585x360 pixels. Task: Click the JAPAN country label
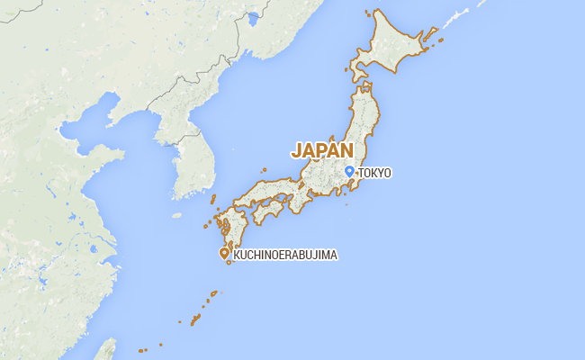pyautogui.click(x=321, y=150)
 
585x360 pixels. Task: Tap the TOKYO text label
pyautogui.click(x=374, y=173)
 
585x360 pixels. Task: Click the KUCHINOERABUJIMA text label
pyautogui.click(x=285, y=256)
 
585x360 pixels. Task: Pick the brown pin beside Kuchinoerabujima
pyautogui.click(x=224, y=254)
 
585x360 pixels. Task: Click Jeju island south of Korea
pyautogui.click(x=176, y=216)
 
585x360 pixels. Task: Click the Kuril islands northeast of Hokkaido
pyautogui.click(x=450, y=22)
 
